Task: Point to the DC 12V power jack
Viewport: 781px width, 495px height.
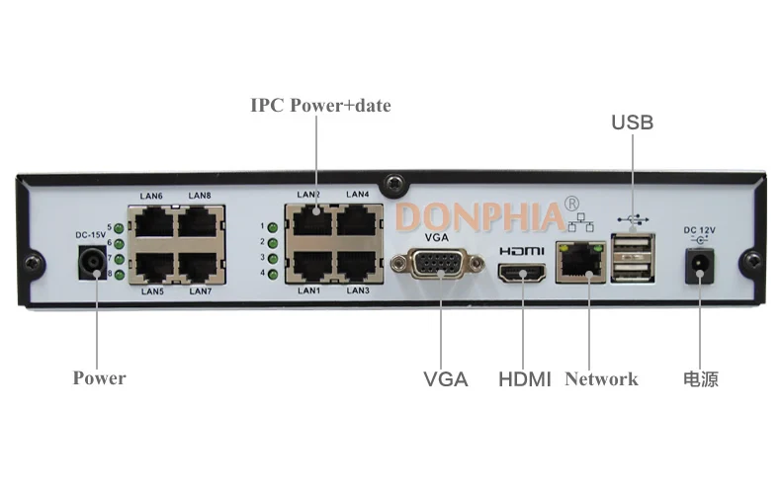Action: (700, 263)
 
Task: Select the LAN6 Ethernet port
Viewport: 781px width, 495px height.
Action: (153, 222)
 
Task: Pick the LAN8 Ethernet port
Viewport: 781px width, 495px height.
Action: (198, 222)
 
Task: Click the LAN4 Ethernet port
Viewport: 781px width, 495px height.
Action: (356, 219)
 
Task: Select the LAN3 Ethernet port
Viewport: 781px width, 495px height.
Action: (356, 265)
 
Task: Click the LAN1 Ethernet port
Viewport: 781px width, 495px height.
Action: (310, 265)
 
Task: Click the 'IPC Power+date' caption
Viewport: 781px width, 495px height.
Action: (320, 105)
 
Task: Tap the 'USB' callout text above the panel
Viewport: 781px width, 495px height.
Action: (632, 123)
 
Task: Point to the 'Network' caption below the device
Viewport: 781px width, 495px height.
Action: (601, 378)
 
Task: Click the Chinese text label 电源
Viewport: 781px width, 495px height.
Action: (700, 378)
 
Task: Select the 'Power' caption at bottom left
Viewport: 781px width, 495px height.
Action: (99, 377)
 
